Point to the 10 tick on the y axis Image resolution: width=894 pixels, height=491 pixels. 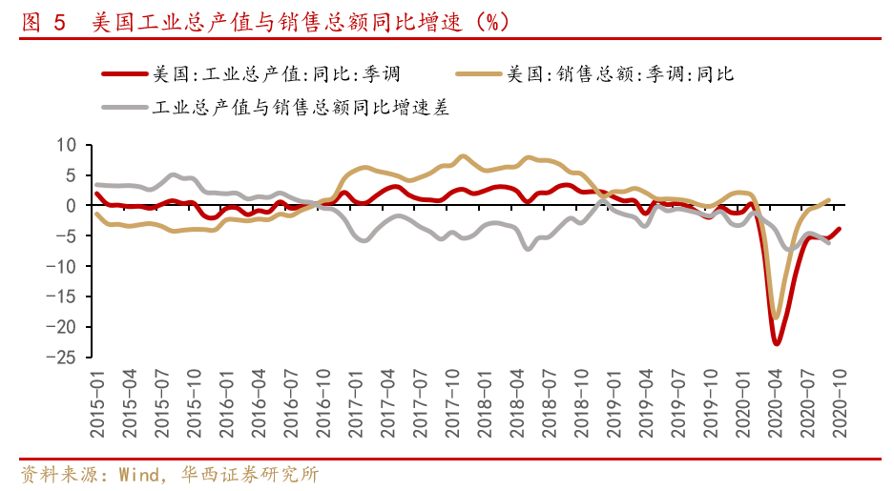(x=66, y=145)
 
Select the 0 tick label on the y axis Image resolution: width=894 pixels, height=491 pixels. (x=70, y=206)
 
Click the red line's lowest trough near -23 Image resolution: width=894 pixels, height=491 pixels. (x=777, y=343)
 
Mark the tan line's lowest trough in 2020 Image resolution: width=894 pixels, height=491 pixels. (x=776, y=317)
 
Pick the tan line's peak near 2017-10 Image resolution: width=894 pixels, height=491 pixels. (x=463, y=155)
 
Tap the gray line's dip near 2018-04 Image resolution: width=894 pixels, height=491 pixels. (x=527, y=249)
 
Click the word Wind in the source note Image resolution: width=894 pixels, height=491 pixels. (x=134, y=474)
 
